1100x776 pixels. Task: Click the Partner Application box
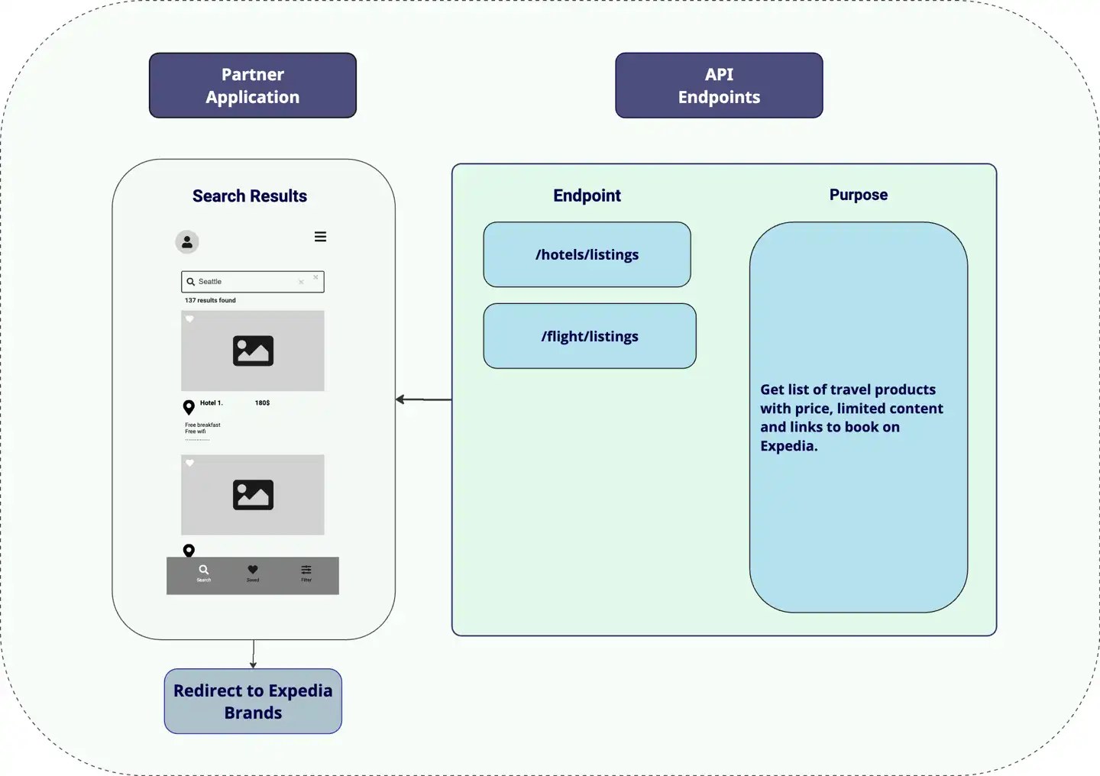(x=253, y=86)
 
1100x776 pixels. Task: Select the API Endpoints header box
(x=719, y=86)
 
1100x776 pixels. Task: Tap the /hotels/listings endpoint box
(x=587, y=254)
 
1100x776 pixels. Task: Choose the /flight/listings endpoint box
(x=590, y=336)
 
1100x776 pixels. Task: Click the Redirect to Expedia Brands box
(x=253, y=701)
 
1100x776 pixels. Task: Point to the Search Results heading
(x=250, y=196)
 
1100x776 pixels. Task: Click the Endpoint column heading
(x=587, y=196)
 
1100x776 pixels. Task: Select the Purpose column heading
(x=859, y=195)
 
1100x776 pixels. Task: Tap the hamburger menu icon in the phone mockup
(x=321, y=237)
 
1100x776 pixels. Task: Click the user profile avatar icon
(x=187, y=242)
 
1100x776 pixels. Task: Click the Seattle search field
(x=252, y=282)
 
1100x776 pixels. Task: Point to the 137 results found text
(x=210, y=300)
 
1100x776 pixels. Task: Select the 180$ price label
(x=262, y=403)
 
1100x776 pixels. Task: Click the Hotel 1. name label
(x=211, y=403)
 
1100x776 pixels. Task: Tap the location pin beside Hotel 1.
(x=189, y=407)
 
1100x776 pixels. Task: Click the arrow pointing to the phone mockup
(x=424, y=399)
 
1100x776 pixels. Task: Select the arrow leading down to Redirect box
(x=253, y=654)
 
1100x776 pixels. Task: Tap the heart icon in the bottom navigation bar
(x=253, y=570)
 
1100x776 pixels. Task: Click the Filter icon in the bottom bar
(x=306, y=570)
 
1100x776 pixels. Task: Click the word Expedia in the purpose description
(x=787, y=446)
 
